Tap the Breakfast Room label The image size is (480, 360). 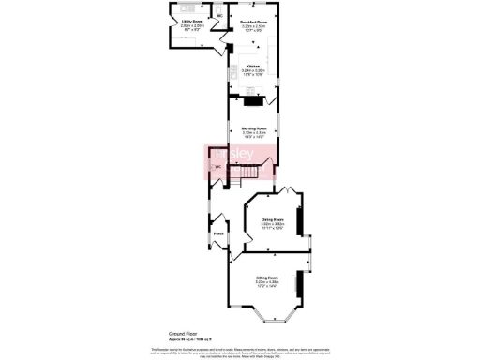click(251, 21)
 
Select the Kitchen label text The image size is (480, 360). click(252, 67)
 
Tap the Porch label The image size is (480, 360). click(217, 233)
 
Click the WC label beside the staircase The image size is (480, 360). click(217, 167)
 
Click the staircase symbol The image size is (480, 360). click(248, 171)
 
